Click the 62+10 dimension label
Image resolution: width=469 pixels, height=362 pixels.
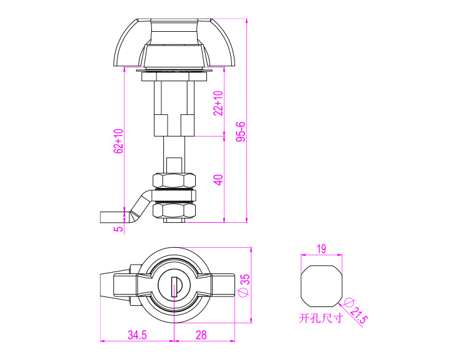point(119,141)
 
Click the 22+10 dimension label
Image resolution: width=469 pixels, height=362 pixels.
point(218,103)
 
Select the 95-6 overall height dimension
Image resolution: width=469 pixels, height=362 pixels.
point(241,132)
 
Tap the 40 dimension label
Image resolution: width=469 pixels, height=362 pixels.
point(219,180)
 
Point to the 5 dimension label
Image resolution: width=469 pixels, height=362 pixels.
point(119,228)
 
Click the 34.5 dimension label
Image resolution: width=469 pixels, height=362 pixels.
point(138,335)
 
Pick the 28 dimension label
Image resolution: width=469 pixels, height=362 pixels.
point(201,335)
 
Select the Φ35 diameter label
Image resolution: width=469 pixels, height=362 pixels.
point(245,286)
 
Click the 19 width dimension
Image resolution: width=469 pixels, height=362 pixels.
point(321,249)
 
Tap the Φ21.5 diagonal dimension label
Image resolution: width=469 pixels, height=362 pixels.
point(355,311)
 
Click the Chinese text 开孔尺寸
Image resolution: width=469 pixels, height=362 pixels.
point(321,318)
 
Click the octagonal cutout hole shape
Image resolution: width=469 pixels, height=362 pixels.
point(321,286)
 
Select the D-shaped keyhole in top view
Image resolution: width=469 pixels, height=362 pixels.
point(176,286)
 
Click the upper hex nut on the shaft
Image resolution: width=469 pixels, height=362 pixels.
point(174,180)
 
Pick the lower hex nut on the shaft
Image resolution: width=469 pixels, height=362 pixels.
point(174,210)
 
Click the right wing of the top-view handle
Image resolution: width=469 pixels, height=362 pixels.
point(223,286)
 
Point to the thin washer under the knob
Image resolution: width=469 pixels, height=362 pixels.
point(174,71)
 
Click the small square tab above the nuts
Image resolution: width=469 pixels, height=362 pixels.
point(174,165)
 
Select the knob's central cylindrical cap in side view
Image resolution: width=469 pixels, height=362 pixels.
point(174,31)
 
